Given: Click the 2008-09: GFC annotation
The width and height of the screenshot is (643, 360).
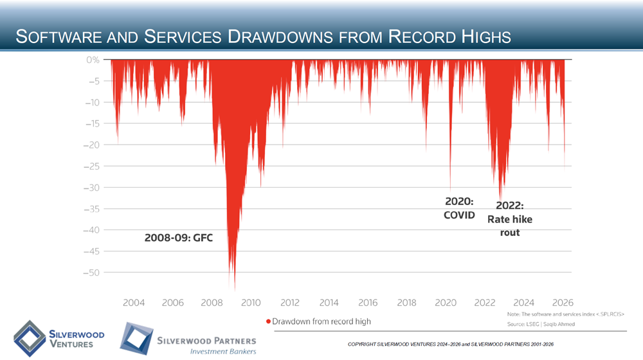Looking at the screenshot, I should pos(177,238).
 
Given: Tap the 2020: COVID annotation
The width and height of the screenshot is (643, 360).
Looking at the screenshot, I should pos(458,208).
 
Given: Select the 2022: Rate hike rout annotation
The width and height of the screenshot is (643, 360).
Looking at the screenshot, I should pos(510,219).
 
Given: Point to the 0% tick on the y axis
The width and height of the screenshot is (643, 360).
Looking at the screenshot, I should pos(93,60).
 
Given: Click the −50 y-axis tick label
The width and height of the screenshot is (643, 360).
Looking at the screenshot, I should pos(91,273).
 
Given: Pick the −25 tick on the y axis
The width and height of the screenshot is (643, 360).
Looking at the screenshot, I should pos(91,166).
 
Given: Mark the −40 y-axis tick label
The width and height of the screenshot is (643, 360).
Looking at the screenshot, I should pos(91,230).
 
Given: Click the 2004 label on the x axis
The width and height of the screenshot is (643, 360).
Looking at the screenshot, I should pos(133,302).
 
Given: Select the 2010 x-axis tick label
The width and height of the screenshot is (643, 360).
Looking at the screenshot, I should pos(251,302).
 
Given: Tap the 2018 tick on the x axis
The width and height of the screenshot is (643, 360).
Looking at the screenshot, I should pos(407,302).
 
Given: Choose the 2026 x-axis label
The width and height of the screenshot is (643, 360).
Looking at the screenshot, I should pos(563,302).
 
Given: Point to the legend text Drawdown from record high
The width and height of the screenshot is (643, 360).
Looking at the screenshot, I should pos(321,321).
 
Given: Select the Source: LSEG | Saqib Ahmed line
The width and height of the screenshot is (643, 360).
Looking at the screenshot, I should pos(540,324).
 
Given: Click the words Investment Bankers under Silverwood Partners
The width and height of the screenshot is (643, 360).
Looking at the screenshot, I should pos(222,351).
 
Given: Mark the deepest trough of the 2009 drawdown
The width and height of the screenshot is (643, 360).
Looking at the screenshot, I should pos(235,289).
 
